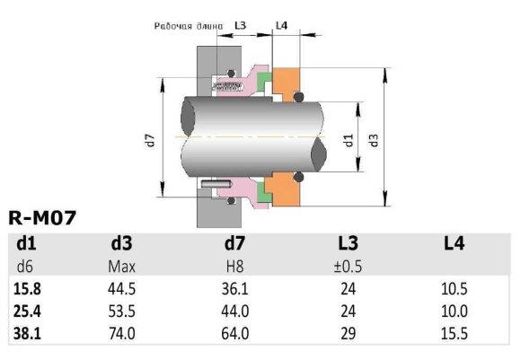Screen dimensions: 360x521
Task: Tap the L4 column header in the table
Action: click(455, 243)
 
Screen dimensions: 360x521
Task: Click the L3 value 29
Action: click(348, 333)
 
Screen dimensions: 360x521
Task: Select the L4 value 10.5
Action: click(455, 290)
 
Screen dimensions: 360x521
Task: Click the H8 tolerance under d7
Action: click(236, 267)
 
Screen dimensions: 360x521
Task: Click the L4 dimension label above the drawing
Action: click(281, 26)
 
